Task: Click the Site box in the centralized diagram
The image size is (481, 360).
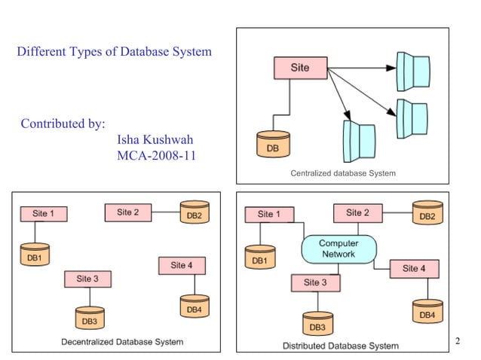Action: (x=299, y=68)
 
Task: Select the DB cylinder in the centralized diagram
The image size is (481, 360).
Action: (x=273, y=145)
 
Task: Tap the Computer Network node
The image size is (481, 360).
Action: (x=339, y=249)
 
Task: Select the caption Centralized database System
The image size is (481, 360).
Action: (x=343, y=173)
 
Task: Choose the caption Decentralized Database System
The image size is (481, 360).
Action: (x=122, y=342)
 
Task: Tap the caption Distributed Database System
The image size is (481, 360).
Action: (x=341, y=346)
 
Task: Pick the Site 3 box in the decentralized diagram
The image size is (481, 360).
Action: (x=87, y=279)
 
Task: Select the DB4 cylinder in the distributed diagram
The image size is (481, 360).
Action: (x=427, y=311)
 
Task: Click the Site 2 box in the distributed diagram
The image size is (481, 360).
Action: (x=357, y=213)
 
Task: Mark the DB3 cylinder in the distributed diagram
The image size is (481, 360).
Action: (x=317, y=324)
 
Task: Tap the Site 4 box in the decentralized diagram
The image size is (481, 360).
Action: (x=182, y=266)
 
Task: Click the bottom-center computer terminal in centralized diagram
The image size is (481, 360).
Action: (x=359, y=141)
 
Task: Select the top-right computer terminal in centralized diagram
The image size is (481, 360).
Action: (x=414, y=71)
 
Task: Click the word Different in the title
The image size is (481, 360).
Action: (x=43, y=52)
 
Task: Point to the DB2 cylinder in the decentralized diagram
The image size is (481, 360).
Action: (x=194, y=212)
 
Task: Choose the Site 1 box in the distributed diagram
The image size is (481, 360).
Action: (x=265, y=215)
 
